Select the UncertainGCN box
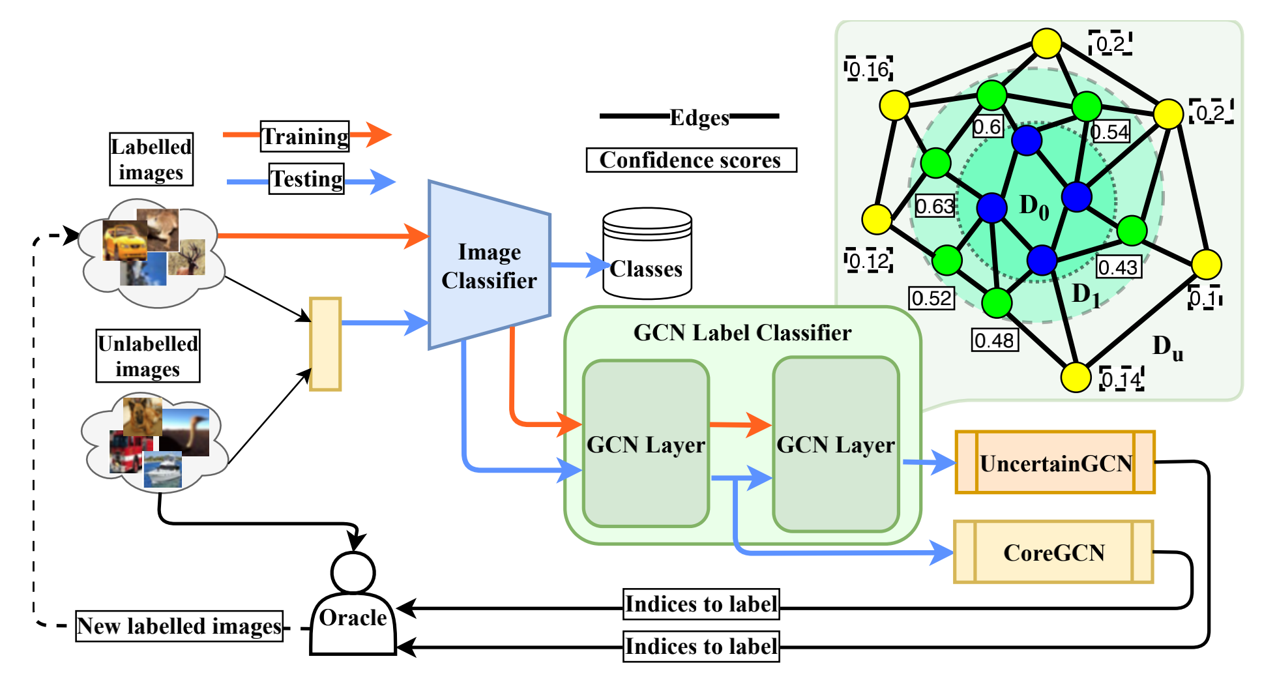point(1055,462)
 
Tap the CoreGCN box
point(1053,552)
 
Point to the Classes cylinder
point(647,254)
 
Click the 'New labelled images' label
point(179,626)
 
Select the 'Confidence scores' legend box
point(691,160)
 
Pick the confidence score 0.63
point(935,206)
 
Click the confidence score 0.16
point(869,69)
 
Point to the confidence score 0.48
point(995,340)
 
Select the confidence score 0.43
point(1118,267)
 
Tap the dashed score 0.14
point(1122,379)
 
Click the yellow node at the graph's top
point(1047,44)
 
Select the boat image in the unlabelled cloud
point(162,469)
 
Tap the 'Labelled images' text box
point(151,159)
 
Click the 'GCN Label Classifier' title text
point(742,332)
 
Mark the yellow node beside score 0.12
point(877,219)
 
